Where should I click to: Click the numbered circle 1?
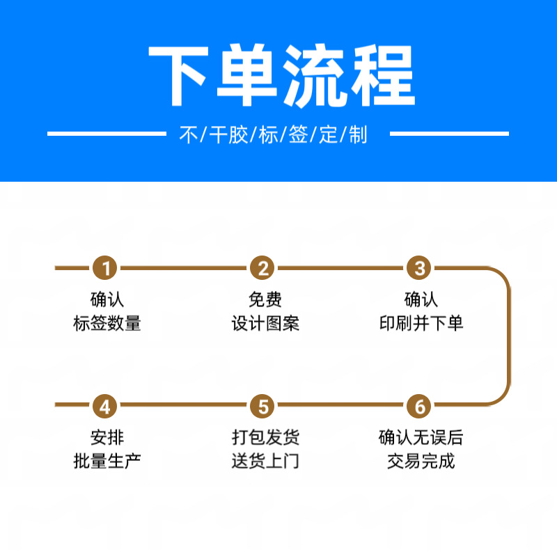(106, 268)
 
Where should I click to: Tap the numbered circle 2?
(263, 268)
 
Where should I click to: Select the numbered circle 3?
(420, 268)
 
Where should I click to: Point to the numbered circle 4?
(106, 405)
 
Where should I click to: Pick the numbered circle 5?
(263, 405)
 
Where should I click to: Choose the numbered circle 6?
(420, 405)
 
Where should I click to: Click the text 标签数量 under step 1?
(107, 323)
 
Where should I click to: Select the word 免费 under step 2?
(265, 300)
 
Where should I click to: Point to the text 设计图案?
(265, 323)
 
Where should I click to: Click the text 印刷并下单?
(421, 323)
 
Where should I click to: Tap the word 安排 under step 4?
(107, 438)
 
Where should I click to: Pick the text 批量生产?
(107, 460)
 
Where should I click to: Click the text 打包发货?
(265, 438)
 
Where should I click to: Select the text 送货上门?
(265, 460)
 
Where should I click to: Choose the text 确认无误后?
(421, 438)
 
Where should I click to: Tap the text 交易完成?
(421, 460)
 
